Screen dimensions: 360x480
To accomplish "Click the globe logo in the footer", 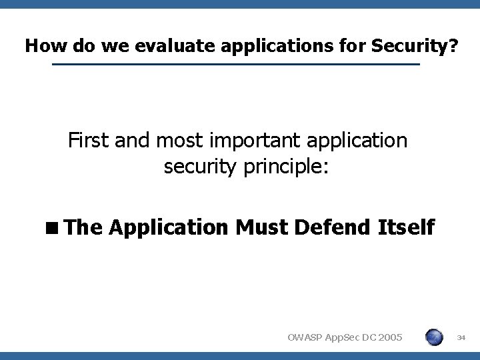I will pyautogui.click(x=433, y=337).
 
